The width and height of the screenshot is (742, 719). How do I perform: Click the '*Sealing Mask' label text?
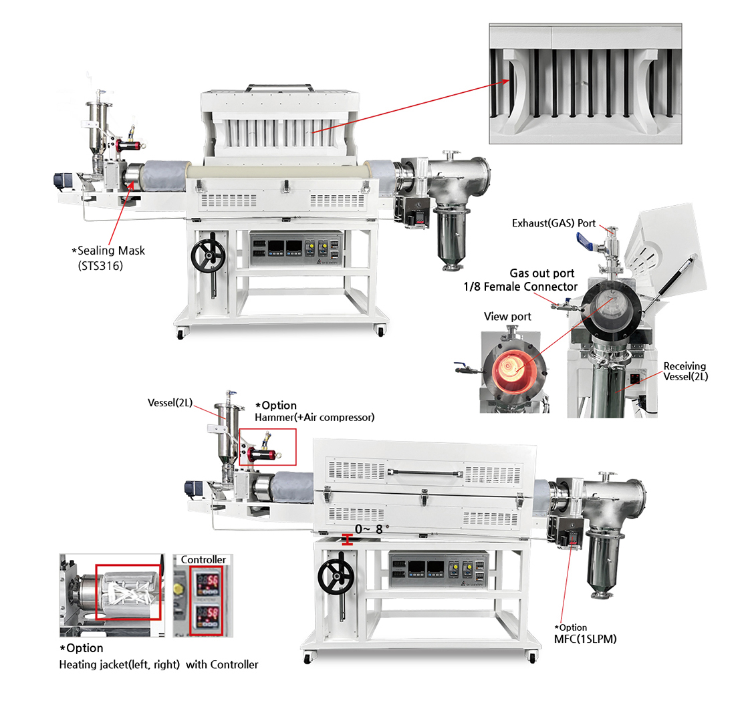[x=108, y=251]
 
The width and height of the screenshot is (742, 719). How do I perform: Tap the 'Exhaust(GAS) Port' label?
[x=553, y=223]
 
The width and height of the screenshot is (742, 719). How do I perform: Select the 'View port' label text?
[x=507, y=317]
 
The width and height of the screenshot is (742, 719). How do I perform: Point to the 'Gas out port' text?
[x=542, y=273]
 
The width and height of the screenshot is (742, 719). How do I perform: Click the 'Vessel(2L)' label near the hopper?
[x=170, y=402]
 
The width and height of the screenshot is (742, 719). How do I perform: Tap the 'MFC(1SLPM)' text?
[x=586, y=639]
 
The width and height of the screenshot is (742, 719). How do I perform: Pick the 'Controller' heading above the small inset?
[x=203, y=559]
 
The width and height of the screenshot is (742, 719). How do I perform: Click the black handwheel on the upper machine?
[x=208, y=255]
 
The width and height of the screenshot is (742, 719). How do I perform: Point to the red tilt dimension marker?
[x=348, y=540]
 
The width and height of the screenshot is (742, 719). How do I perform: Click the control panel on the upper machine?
[x=295, y=249]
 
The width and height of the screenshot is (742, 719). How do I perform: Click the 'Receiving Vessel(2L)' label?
[x=685, y=372]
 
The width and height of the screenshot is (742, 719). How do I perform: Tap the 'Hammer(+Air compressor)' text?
[x=315, y=417]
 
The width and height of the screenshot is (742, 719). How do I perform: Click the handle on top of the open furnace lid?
[x=279, y=88]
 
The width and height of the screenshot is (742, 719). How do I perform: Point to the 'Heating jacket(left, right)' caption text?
[x=119, y=665]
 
